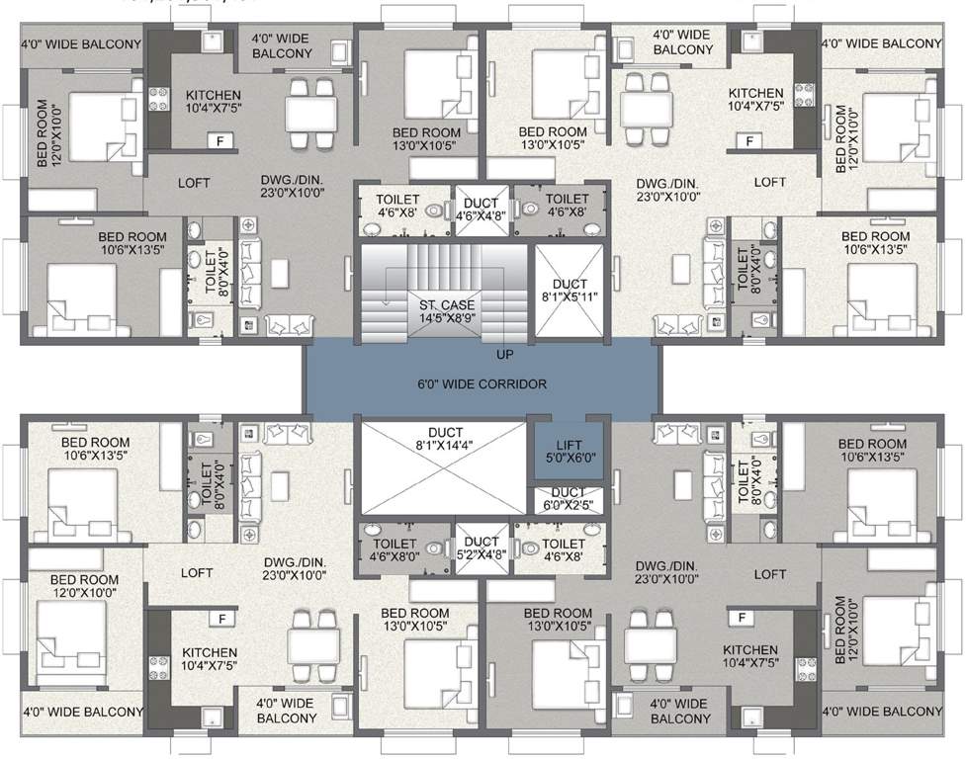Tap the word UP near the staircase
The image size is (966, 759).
(503, 353)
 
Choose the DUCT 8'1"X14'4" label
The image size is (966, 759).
(442, 439)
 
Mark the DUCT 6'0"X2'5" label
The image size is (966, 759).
(567, 499)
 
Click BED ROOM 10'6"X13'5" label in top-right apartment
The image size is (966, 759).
(875, 243)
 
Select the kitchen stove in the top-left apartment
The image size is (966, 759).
(158, 97)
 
